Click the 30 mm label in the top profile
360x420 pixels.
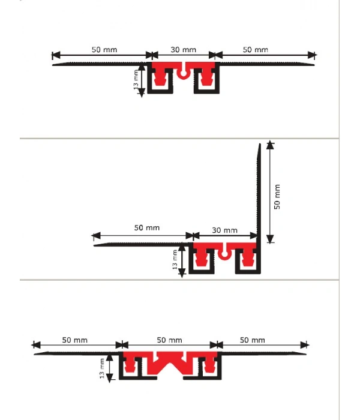182,50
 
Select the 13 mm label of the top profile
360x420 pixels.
136,80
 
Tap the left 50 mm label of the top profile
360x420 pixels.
104,50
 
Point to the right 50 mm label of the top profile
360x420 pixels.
255,50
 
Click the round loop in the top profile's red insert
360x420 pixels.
182,74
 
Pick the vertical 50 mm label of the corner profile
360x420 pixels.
277,196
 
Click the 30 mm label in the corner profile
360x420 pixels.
225,230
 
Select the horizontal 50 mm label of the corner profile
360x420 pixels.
146,228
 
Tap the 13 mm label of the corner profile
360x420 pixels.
175,259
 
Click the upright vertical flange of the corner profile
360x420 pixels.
259,192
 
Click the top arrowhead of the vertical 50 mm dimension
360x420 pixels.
271,145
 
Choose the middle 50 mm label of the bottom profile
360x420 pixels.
169,340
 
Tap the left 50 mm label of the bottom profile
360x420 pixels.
75,340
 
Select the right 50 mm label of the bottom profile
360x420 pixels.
252,340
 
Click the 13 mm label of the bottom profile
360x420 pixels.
103,368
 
